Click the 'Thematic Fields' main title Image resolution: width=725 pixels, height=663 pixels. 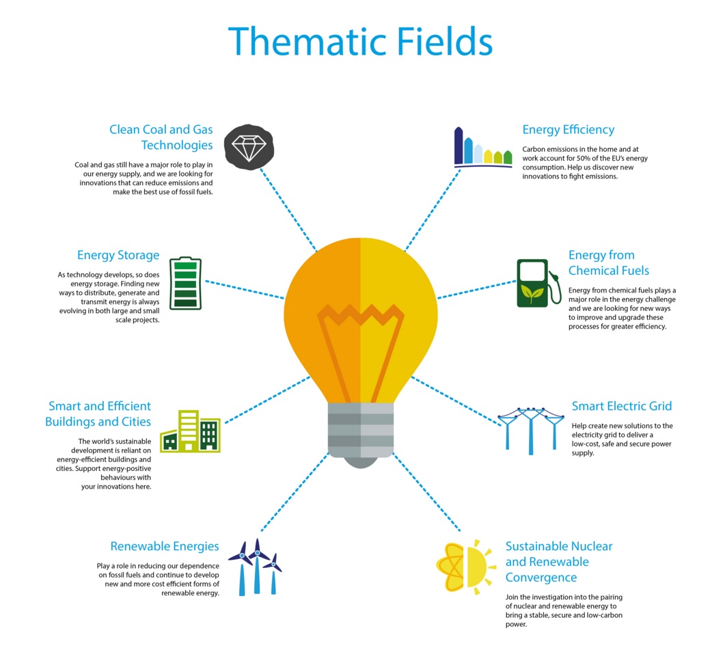pyautogui.click(x=360, y=41)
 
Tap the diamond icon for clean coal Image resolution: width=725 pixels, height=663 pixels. pyautogui.click(x=249, y=147)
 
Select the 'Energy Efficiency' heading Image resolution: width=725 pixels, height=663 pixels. pyautogui.click(x=569, y=130)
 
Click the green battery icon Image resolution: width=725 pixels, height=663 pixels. pyautogui.click(x=185, y=283)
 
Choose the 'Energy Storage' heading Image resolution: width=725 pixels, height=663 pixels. pyautogui.click(x=118, y=255)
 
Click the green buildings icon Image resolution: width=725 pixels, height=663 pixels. pyautogui.click(x=190, y=431)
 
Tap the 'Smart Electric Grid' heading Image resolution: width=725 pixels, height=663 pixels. pyautogui.click(x=621, y=406)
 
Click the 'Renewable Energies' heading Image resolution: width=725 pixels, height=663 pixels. pyautogui.click(x=165, y=547)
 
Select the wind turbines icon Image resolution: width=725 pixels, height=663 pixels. pyautogui.click(x=256, y=567)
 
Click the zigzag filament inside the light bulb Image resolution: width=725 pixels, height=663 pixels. pyautogui.click(x=361, y=315)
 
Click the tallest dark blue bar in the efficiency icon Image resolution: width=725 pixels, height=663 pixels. pyautogui.click(x=459, y=145)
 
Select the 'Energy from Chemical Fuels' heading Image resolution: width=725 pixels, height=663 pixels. pyautogui.click(x=608, y=262)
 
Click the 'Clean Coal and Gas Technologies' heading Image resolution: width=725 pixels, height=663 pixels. pyautogui.click(x=161, y=137)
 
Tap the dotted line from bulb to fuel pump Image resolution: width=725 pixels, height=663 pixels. pyautogui.click(x=477, y=289)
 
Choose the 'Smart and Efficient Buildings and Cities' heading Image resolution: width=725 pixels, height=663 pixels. pyautogui.click(x=98, y=414)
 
